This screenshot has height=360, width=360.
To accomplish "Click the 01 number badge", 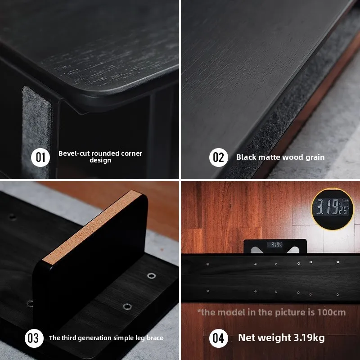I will tap(40, 157).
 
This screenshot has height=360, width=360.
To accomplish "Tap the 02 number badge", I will tap(218, 157).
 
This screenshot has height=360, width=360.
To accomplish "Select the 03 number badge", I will tap(34, 338).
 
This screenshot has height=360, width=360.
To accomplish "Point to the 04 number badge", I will tap(218, 338).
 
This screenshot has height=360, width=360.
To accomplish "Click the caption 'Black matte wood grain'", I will tap(280, 157).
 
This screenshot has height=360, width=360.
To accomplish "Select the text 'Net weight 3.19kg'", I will tap(281, 338).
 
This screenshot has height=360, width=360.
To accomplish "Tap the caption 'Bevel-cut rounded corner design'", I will tap(100, 157).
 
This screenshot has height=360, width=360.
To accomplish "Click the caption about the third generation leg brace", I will tap(106, 338).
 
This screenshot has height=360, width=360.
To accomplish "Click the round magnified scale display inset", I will tap(333, 208).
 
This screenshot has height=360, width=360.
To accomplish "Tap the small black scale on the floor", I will tap(275, 246).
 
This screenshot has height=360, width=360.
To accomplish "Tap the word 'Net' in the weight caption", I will tap(247, 338).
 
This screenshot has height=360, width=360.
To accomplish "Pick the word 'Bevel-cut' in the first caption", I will tap(73, 153).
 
